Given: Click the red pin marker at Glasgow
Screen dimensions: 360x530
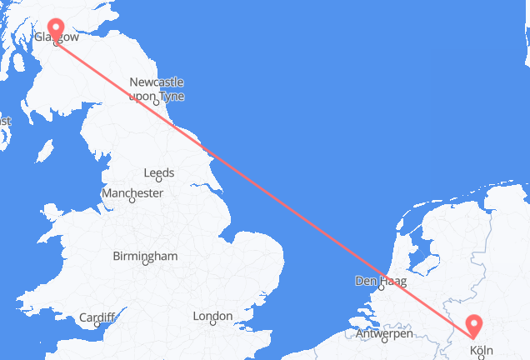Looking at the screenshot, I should pos(56,28).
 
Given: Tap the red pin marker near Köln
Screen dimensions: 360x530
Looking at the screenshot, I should pos(473,323).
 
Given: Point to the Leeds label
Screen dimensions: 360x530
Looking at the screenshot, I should pos(158,173).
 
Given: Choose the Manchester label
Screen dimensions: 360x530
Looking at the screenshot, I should pos(131,192).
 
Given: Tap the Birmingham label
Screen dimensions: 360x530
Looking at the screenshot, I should pos(147,256).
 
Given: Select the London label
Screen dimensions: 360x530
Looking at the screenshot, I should pos(212,316).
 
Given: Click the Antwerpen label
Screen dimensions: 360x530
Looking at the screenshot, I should pos(384,333).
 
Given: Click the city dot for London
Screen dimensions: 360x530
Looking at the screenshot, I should pos(213,324).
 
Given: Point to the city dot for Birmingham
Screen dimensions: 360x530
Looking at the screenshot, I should pos(147,264).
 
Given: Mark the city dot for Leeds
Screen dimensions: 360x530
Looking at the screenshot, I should pos(158,182).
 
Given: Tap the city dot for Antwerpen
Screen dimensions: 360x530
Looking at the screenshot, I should pos(385,341).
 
